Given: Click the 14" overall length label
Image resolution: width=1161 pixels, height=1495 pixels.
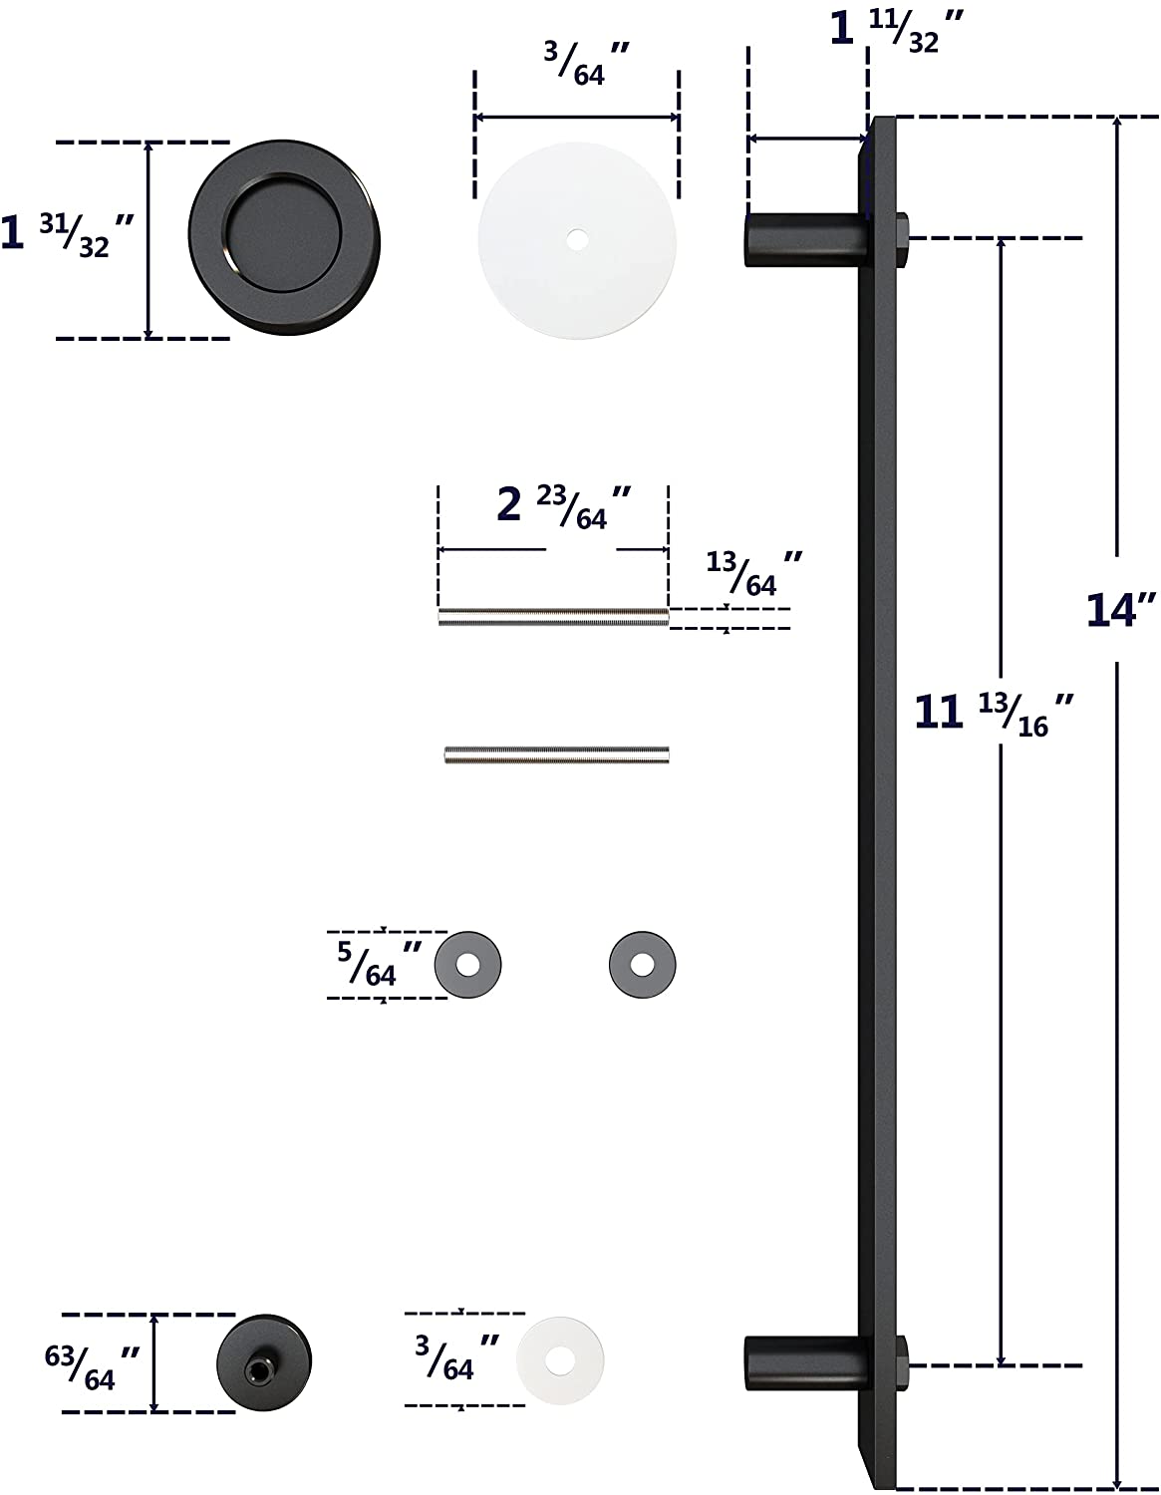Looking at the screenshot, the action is point(1120,610).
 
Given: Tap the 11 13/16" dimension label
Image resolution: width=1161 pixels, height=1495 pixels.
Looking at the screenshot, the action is point(994,715).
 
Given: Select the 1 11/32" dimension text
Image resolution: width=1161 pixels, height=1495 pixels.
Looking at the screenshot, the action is point(896,31).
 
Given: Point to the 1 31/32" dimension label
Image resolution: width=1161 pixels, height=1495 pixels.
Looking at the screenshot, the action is point(67,234).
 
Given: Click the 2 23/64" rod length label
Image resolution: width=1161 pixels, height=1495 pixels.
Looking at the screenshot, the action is point(563,507).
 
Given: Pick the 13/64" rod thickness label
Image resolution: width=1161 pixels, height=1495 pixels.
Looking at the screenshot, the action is point(753,572).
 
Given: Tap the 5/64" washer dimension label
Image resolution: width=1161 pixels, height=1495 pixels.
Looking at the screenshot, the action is point(379,964).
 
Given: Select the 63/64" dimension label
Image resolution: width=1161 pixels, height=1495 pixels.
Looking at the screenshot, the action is point(92,1367).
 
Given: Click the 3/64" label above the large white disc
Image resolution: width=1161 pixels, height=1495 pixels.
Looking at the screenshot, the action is point(586,64).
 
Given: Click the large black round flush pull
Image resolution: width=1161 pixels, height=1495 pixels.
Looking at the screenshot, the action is point(284,239).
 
